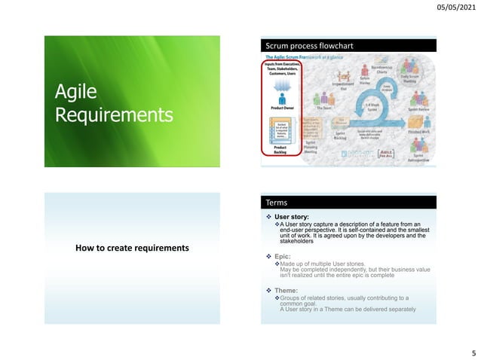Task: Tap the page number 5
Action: coord(472,351)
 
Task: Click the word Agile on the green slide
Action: coord(77,92)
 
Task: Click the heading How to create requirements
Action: coord(131,249)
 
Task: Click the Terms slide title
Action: coord(276,203)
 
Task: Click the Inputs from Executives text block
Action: coord(280,69)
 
